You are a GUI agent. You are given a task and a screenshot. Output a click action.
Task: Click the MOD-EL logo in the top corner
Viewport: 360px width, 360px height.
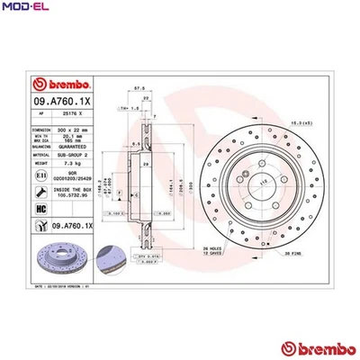(23, 7)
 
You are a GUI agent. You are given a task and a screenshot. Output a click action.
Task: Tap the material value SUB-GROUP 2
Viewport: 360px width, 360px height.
(80, 157)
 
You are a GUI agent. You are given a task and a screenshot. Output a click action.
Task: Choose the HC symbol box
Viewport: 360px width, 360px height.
(43, 209)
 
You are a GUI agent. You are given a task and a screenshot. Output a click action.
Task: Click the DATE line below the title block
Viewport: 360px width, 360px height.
(63, 286)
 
